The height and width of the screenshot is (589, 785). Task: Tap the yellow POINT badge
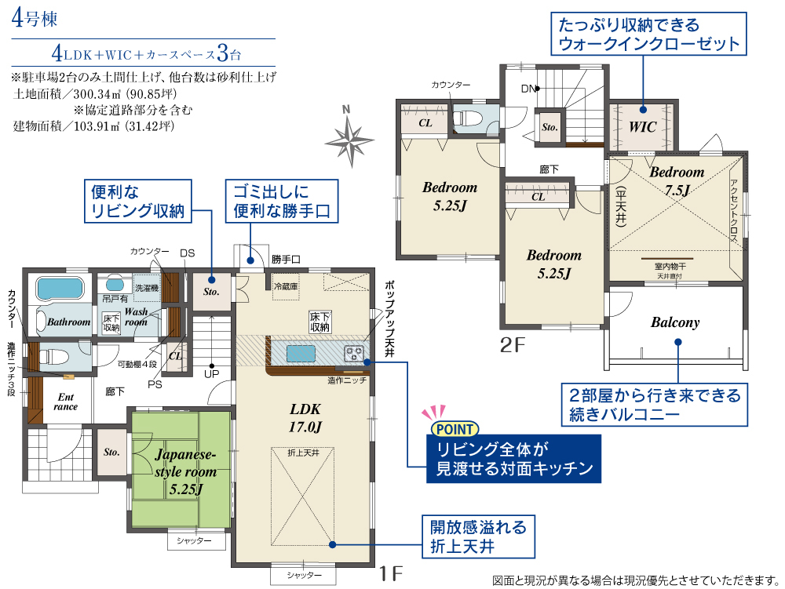coord(455,429)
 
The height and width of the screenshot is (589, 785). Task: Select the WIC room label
coord(642,127)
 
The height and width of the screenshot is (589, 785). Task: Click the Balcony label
coord(675,322)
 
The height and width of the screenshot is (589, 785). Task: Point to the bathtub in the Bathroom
coord(60,289)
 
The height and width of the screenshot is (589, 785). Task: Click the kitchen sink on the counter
coord(301,354)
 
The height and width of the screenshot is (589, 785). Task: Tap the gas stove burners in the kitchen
coord(353,354)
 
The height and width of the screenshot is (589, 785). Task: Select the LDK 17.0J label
coord(305,417)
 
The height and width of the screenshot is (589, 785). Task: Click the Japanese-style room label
coord(185,471)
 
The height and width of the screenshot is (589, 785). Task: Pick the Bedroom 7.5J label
coord(677,180)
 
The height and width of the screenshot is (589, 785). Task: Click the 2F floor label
coord(513,345)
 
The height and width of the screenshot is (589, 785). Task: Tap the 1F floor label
coord(390,573)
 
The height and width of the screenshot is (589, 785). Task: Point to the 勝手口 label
coord(286,259)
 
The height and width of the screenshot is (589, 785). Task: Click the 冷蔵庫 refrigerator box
coord(286,287)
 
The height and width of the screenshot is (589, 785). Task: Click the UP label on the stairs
coord(212,374)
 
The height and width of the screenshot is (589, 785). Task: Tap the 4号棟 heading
coord(34,18)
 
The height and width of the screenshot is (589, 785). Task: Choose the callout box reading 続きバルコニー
coord(655,405)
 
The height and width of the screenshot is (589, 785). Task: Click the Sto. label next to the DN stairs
coord(549,127)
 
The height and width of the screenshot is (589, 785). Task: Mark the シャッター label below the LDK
coord(303,575)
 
